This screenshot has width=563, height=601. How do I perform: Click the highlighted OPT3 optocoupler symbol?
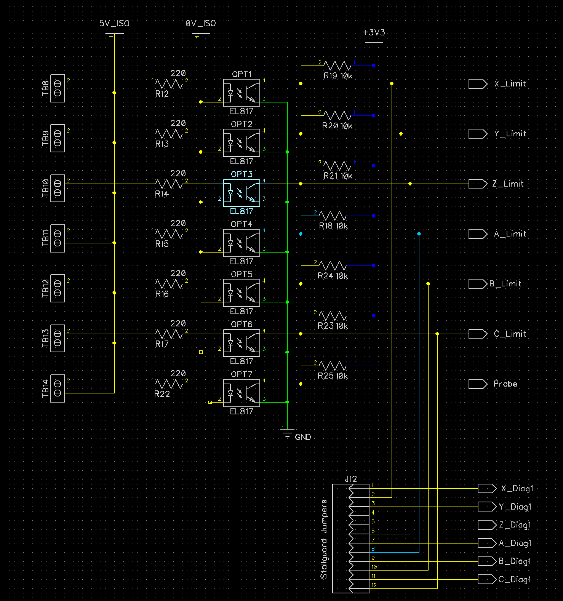coord(242,193)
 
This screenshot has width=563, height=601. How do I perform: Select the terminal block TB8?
coord(58,88)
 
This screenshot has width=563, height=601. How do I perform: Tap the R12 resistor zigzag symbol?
coord(170,84)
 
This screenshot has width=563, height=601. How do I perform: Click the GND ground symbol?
coord(287,433)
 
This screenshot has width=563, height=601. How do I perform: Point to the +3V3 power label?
coord(374,33)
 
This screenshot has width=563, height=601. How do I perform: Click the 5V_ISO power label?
coord(114,24)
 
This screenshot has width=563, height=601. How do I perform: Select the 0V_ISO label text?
coord(201,24)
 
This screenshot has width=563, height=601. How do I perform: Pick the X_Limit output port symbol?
coord(478,84)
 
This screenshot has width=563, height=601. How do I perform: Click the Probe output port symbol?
coord(478,384)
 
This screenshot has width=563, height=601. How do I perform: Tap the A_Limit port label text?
coord(510,234)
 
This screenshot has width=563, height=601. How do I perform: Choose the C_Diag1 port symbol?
coord(487,579)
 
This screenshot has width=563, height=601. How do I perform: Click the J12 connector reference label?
coord(351,479)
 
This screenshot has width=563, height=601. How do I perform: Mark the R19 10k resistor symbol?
coord(337,66)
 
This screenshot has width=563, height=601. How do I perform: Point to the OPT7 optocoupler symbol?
coord(242,393)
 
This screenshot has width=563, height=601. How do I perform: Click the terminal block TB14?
coord(58,388)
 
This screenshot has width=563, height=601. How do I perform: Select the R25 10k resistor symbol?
coord(333,366)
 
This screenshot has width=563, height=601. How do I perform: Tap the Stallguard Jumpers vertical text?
coord(324,539)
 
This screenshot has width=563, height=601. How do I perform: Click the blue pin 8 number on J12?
coord(373,549)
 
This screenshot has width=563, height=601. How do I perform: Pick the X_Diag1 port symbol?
coord(487,488)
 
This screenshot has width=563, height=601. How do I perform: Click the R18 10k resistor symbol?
coord(333,216)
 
